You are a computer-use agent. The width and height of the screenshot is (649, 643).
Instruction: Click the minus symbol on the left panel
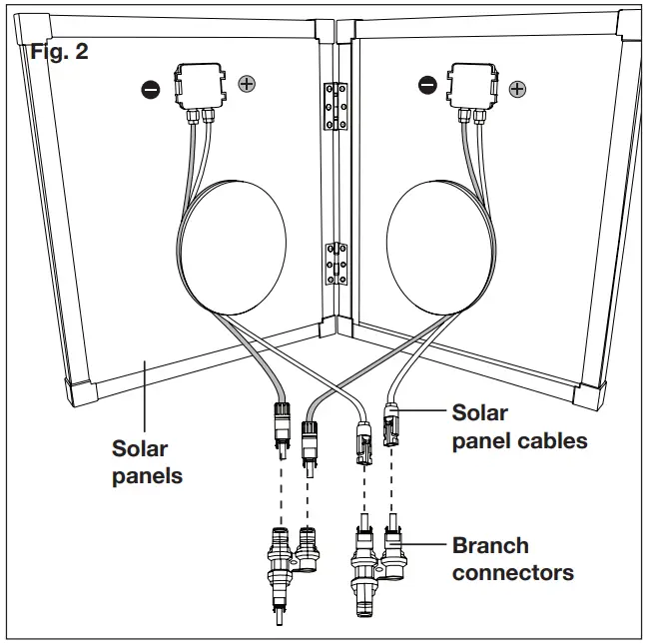coord(151,90)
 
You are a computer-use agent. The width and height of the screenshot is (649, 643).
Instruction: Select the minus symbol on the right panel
coord(427,86)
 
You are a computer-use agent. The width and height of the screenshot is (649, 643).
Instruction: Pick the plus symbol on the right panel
coord(517,89)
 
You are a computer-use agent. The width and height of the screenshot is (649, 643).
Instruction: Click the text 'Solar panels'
coord(147,462)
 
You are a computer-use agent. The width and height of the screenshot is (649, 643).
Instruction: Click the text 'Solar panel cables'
coord(519,426)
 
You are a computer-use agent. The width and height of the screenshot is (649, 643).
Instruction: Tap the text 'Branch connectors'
coord(512,559)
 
